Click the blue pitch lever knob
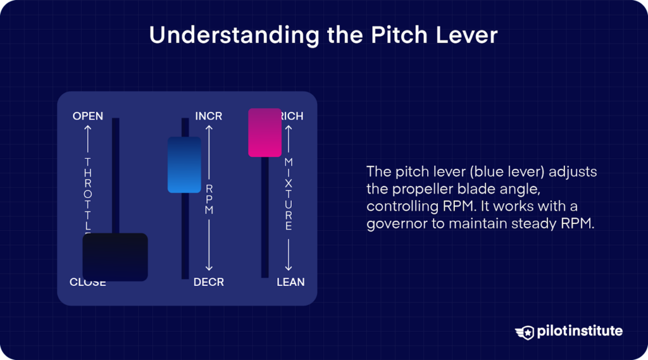click(x=184, y=164)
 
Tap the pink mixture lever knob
click(x=265, y=132)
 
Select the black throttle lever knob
click(x=115, y=257)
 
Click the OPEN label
click(x=88, y=116)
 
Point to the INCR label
click(x=209, y=116)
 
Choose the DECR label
click(x=209, y=282)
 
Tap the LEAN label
click(x=290, y=282)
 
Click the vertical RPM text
click(x=209, y=199)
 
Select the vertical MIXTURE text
click(x=289, y=194)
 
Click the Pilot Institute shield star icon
click(x=525, y=332)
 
